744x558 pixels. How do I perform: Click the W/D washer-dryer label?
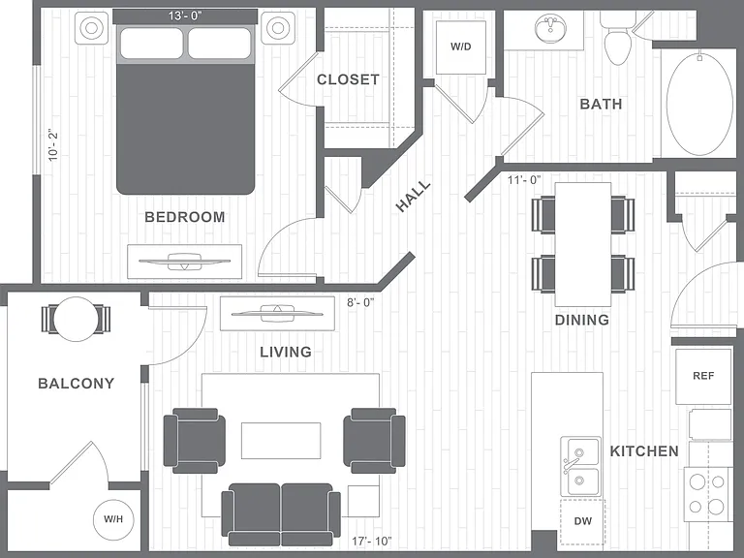[x=461, y=46]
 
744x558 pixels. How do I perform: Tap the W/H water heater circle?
[x=114, y=519]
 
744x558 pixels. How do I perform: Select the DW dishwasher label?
[x=583, y=521]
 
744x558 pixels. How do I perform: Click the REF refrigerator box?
[x=703, y=376]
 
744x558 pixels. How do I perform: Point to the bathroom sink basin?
[x=550, y=28]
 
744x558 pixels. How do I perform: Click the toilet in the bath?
[x=617, y=39]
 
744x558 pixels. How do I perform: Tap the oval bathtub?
[x=699, y=104]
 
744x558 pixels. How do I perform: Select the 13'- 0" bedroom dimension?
[x=185, y=15]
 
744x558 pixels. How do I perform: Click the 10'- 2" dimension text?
[x=53, y=144]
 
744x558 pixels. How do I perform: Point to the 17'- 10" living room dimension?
[x=372, y=541]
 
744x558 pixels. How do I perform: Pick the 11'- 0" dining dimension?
[x=524, y=180]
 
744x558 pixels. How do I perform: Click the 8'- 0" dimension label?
[x=360, y=302]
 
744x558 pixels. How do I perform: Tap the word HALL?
[x=414, y=196]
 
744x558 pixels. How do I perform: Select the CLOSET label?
[x=349, y=79]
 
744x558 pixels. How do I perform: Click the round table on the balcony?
[x=76, y=319]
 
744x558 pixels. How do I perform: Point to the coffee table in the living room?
[x=281, y=441]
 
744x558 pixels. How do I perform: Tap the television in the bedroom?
[x=185, y=262]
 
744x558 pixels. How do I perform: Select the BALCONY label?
[x=76, y=384]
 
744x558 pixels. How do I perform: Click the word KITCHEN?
[x=644, y=450]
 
